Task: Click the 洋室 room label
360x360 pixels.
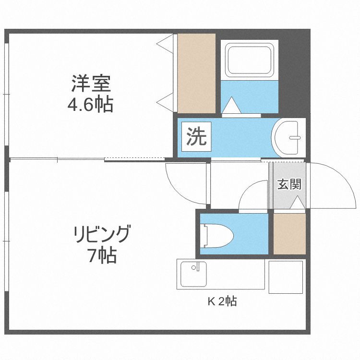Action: (x=91, y=84)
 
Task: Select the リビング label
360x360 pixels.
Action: (x=101, y=235)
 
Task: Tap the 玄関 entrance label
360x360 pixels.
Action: (x=289, y=184)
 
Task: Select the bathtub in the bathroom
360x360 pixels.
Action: (x=250, y=60)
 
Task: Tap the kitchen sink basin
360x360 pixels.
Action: (x=192, y=275)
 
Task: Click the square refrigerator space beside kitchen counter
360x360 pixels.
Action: (x=286, y=276)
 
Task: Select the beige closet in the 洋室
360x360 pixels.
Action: (x=196, y=73)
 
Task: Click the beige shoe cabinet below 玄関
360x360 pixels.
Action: (x=289, y=234)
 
